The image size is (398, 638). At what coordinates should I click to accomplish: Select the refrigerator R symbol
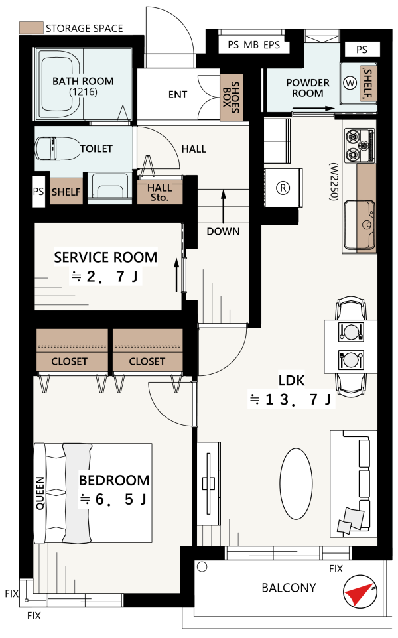[283, 188]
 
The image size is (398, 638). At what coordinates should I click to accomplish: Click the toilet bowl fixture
[58, 149]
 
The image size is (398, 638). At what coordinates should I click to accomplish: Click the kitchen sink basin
[360, 225]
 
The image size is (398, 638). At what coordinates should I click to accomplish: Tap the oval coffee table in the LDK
[297, 483]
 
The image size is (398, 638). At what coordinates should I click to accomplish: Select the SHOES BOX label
[231, 97]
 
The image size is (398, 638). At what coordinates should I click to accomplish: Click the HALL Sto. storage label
[159, 193]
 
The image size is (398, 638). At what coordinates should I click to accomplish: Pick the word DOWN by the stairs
[223, 231]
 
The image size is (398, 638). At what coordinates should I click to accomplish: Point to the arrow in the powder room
[313, 109]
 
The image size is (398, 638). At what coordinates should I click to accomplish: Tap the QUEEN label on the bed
[40, 493]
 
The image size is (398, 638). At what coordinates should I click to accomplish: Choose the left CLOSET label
[69, 361]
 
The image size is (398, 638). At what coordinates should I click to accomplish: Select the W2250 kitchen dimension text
[334, 182]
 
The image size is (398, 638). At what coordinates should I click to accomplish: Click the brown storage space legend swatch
[31, 28]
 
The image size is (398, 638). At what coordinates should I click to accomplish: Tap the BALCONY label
[289, 588]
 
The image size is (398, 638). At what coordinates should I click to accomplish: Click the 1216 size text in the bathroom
[83, 92]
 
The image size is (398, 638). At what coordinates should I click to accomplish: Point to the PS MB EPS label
[253, 44]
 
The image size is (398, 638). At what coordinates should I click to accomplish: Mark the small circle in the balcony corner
[202, 567]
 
